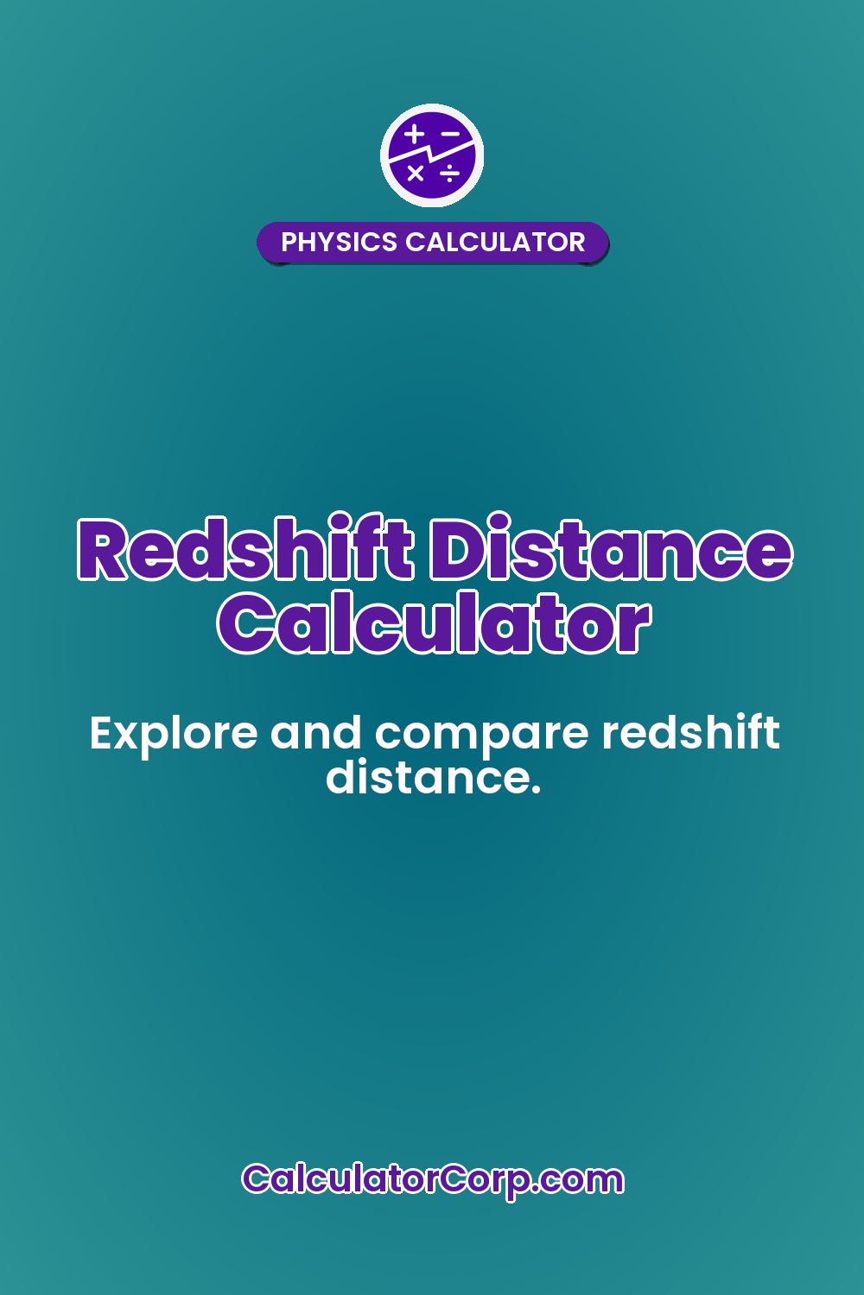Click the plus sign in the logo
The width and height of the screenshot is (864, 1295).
pos(416,134)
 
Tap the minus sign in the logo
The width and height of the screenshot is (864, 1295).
pos(449,134)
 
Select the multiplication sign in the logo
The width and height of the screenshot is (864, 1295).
pos(416,174)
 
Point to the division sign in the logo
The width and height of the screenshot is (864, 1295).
pos(449,174)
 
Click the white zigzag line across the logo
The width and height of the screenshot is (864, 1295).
pos(432,154)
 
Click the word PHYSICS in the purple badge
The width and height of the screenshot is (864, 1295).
pos(340,243)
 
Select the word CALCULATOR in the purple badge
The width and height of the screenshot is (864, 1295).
pos(495,243)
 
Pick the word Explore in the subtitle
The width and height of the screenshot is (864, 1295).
pos(173,735)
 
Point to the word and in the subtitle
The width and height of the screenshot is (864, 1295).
pos(315,735)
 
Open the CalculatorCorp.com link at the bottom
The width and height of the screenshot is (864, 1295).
pos(432,1179)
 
